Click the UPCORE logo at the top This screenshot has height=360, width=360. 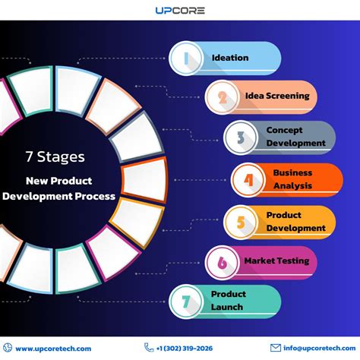[180, 11]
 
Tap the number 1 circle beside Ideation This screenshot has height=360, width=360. [186, 58]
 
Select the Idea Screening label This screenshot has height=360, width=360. [277, 96]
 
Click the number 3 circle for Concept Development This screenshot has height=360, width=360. [241, 137]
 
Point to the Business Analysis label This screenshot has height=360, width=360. [292, 179]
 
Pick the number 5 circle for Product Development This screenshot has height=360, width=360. [241, 223]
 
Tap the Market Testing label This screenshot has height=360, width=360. [276, 261]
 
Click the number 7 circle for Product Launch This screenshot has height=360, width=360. [186, 302]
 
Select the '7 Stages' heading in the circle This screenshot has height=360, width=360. [55, 157]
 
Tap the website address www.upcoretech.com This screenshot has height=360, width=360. [53, 349]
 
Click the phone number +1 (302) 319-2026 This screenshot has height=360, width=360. [185, 349]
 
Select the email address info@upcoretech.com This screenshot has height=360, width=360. [320, 349]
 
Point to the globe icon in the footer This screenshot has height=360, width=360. [8, 348]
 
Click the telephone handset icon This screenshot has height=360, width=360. [149, 347]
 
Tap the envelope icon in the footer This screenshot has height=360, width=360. [276, 348]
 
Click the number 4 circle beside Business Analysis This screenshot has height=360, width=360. [248, 180]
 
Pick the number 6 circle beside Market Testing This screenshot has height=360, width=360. [222, 263]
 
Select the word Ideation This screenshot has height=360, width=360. [230, 58]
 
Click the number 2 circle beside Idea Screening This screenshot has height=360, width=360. [222, 97]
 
